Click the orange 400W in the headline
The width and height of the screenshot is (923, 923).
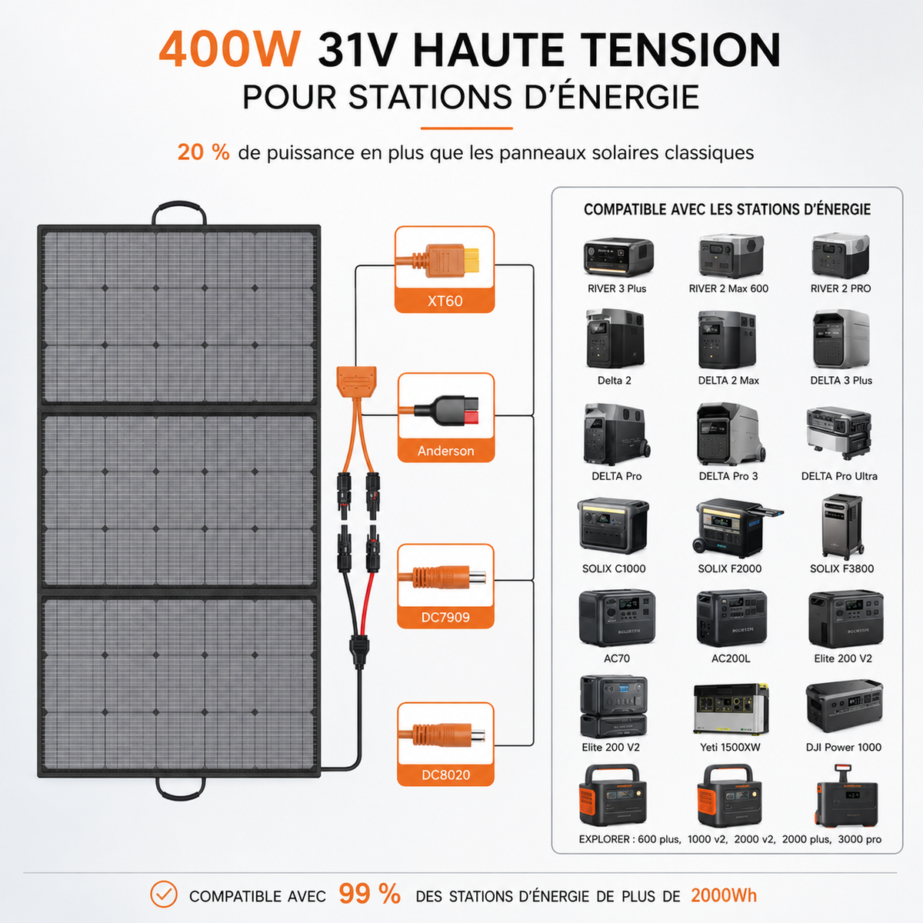click(230, 50)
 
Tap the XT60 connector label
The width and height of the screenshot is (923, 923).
click(445, 301)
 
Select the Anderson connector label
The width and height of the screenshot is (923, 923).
click(446, 451)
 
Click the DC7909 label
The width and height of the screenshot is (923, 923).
click(445, 617)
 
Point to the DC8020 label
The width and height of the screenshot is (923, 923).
click(446, 775)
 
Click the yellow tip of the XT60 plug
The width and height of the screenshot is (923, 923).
click(471, 260)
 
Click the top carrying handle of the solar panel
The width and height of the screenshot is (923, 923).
click(179, 206)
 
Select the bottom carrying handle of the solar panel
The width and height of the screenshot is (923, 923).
click(181, 795)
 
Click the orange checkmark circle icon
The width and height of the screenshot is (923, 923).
click(164, 894)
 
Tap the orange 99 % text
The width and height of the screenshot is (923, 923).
click(369, 894)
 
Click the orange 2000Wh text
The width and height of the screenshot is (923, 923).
click(724, 895)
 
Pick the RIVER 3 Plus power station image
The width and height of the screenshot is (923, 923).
click(618, 256)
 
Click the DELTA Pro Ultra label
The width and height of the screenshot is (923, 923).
click(839, 476)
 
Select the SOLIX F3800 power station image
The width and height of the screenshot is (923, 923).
click(842, 527)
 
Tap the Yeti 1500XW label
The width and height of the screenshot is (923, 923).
click(730, 747)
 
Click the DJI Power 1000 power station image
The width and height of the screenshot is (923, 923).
click(844, 706)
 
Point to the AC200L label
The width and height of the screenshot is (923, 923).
click(731, 658)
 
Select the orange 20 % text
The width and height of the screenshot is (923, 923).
click(204, 152)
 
